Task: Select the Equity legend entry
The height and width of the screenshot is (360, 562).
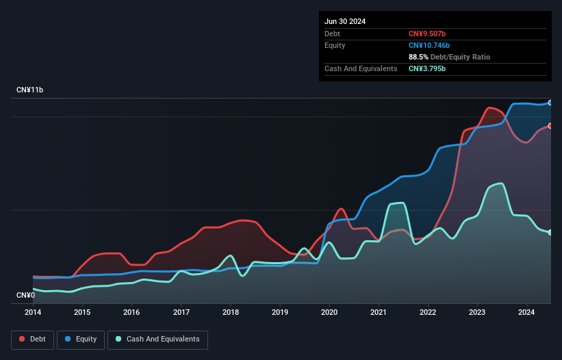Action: pyautogui.click(x=81, y=339)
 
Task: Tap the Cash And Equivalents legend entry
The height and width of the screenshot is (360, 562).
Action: pyautogui.click(x=157, y=339)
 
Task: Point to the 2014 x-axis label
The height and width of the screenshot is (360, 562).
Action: pyautogui.click(x=33, y=313)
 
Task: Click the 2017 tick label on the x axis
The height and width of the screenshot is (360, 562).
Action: pyautogui.click(x=181, y=313)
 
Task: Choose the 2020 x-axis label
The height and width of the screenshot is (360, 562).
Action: pyautogui.click(x=329, y=313)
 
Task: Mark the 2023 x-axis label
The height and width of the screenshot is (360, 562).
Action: pyautogui.click(x=478, y=313)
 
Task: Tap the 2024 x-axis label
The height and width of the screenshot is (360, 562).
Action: pyautogui.click(x=527, y=313)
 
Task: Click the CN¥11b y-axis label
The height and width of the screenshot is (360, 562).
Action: pyautogui.click(x=31, y=90)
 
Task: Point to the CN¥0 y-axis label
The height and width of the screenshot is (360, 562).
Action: pyautogui.click(x=27, y=295)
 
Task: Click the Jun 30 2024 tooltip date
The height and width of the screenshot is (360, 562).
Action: pyautogui.click(x=345, y=21)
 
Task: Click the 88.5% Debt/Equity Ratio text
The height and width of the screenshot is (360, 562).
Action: pyautogui.click(x=449, y=57)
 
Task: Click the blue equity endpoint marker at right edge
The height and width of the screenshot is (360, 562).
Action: pyautogui.click(x=550, y=103)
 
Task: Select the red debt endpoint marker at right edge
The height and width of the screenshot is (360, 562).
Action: pyautogui.click(x=550, y=126)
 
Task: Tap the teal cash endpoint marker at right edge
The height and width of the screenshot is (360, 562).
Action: pyautogui.click(x=550, y=233)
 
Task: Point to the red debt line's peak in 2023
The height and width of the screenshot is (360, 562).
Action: pyautogui.click(x=490, y=107)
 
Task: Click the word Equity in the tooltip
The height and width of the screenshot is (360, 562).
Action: pyautogui.click(x=335, y=45)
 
